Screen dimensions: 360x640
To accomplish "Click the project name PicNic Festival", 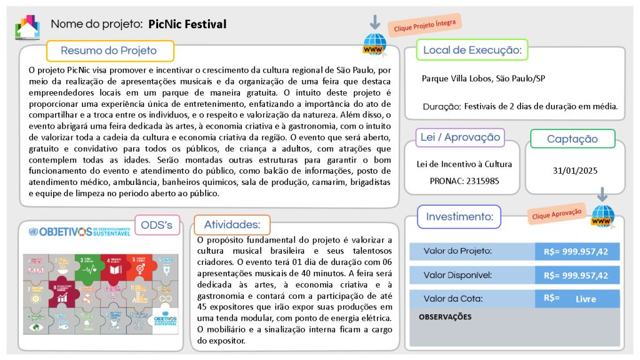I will point(187,24).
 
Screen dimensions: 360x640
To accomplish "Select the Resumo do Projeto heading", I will point(109,51).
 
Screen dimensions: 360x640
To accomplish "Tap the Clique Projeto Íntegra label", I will point(424,26).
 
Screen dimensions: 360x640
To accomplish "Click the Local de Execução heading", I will point(472,50).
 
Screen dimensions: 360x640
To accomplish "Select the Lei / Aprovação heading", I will point(460,137).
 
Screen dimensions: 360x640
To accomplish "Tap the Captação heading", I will point(572,139).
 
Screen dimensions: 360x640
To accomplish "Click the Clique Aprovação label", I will point(556,213).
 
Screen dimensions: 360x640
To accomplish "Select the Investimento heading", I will point(459,217).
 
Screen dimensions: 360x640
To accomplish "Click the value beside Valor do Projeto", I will point(576,251).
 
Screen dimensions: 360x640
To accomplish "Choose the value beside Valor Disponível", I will point(576,275).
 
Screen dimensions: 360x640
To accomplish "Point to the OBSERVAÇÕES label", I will point(445,317).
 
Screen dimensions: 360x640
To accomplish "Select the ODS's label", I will point(157,225).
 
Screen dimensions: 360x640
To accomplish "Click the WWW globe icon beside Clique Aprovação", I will point(602,218).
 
